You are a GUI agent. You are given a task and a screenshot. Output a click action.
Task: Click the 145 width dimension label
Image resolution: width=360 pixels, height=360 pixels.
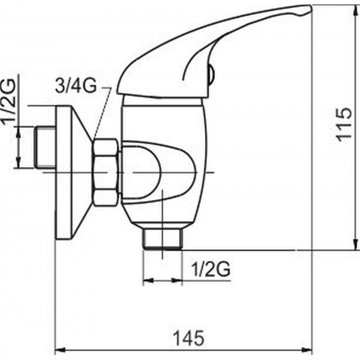[x=189, y=338]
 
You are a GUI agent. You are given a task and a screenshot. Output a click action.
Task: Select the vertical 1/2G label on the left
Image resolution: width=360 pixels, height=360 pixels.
[x=9, y=102]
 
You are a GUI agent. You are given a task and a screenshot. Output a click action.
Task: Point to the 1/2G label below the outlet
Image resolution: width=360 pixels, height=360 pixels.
[x=211, y=269]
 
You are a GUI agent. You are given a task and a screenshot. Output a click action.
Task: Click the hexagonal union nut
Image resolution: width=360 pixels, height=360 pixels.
[x=106, y=172]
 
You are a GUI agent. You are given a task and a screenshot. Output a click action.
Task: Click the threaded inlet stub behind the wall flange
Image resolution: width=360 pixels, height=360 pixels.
[x=45, y=148]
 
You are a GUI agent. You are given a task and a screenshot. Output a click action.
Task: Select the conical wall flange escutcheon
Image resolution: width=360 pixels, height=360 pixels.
[x=74, y=173]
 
